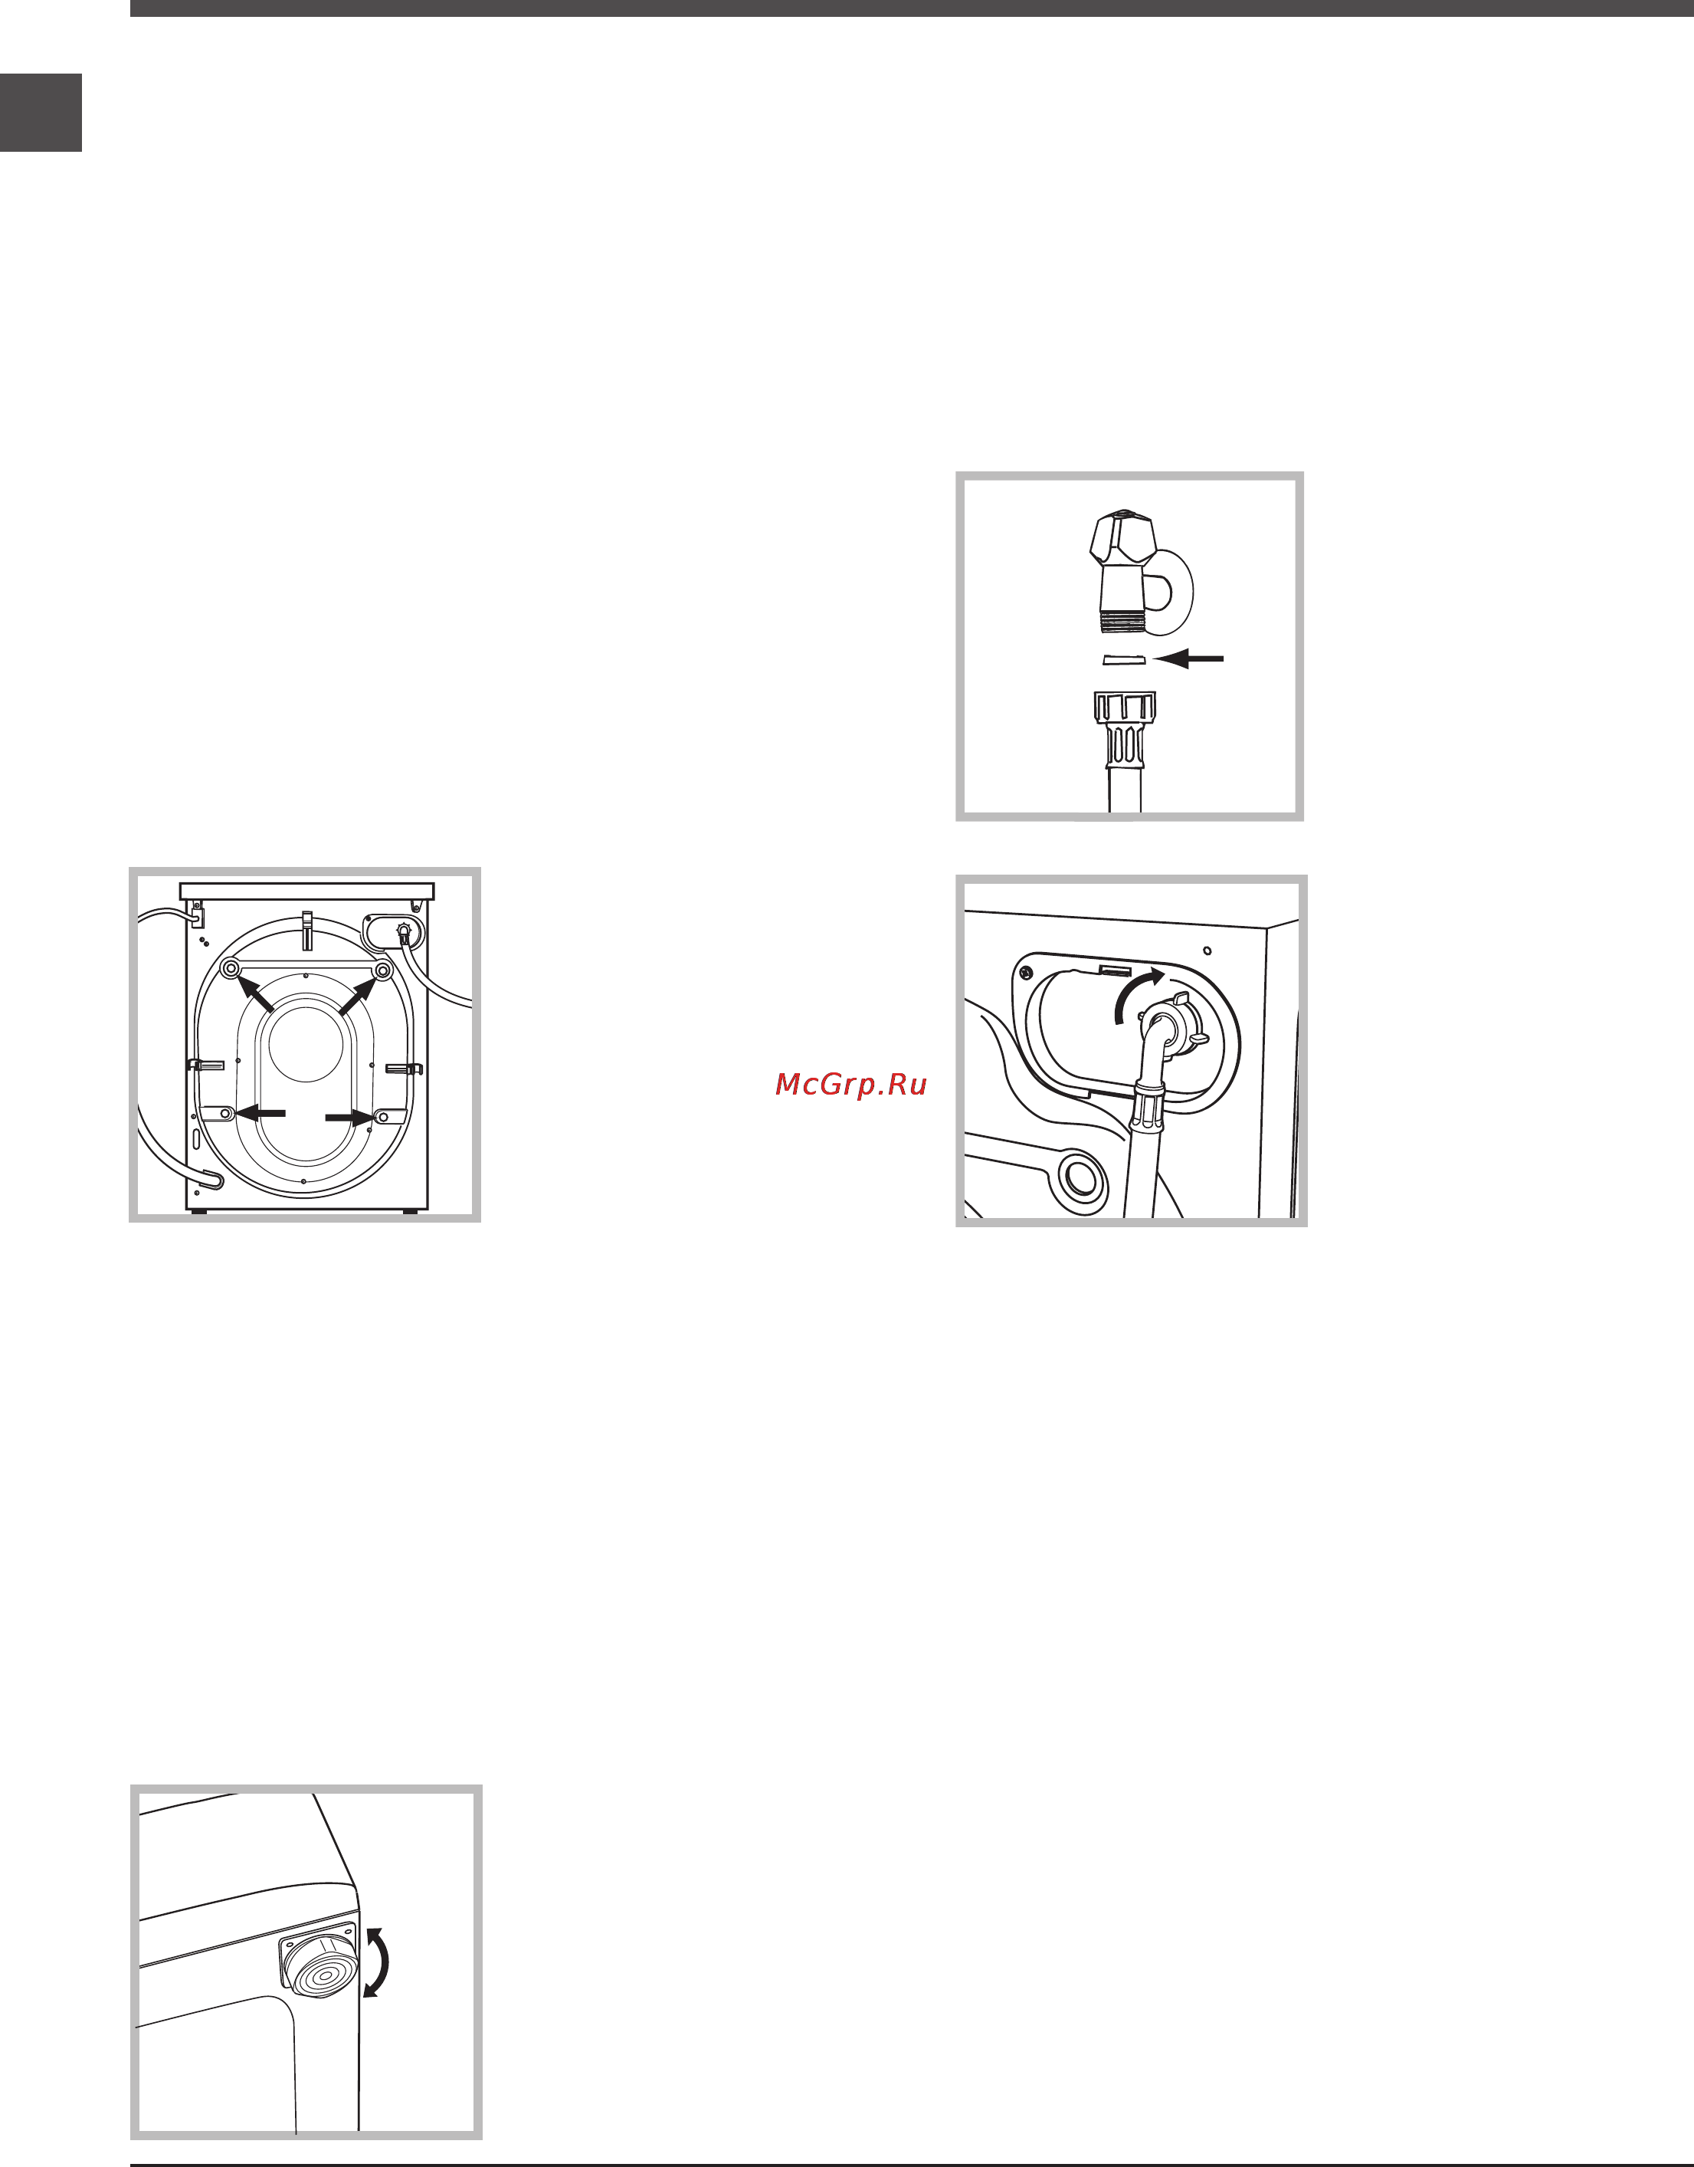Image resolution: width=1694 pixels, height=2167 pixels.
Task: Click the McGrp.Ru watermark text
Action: point(851,1085)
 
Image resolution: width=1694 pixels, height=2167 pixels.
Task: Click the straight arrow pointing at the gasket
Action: point(1188,658)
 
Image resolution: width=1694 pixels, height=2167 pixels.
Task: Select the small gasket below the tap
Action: point(1124,660)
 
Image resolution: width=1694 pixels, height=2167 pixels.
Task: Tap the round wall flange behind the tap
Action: point(1171,593)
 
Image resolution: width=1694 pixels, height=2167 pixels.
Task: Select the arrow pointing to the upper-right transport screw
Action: point(357,995)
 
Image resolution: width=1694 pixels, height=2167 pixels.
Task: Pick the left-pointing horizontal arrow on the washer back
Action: point(260,1113)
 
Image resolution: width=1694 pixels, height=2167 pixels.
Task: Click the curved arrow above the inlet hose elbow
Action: point(1136,993)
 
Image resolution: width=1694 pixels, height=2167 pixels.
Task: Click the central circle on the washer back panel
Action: point(306,1044)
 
